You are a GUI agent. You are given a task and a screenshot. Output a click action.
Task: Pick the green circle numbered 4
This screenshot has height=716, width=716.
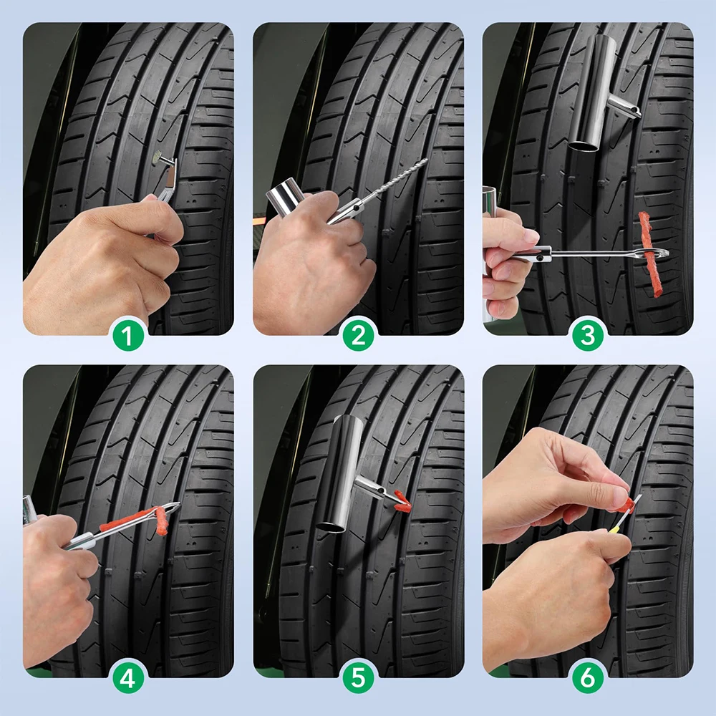tap(127, 678)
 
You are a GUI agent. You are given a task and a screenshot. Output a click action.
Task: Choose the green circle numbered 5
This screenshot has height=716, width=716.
tap(358, 678)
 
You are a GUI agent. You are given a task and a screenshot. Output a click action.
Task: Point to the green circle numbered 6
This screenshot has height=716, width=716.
tap(588, 678)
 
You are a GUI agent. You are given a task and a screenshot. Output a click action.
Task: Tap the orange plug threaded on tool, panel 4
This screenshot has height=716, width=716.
tap(132, 520)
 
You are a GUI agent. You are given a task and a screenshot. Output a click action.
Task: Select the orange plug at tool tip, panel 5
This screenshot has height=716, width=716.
tap(400, 500)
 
